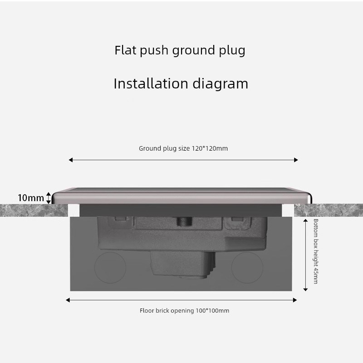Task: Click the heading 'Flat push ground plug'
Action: pyautogui.click(x=180, y=50)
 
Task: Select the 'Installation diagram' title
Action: pyautogui.click(x=181, y=83)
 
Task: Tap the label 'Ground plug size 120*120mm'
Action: pyautogui.click(x=183, y=148)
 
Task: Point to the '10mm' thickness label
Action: pyautogui.click(x=31, y=198)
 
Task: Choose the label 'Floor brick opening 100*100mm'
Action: pyautogui.click(x=184, y=311)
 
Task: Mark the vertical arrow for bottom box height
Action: pyautogui.click(x=306, y=254)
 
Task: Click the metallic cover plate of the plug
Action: pyautogui.click(x=181, y=195)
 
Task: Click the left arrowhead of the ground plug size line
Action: pyautogui.click(x=70, y=160)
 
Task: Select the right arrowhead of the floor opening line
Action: pyautogui.click(x=295, y=300)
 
